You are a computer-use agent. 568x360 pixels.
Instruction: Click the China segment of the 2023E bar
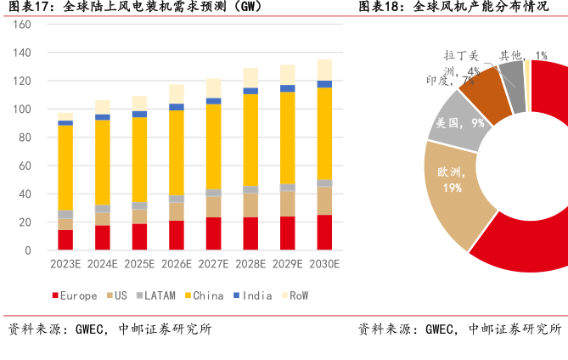(65, 167)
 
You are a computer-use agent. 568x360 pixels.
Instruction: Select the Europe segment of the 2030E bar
(324, 233)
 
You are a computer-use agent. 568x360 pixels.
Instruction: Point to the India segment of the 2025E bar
(139, 114)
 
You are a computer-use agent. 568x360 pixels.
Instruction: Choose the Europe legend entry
(76, 295)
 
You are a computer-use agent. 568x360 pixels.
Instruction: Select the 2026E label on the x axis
(177, 264)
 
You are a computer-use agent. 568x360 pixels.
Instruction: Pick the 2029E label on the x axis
(287, 264)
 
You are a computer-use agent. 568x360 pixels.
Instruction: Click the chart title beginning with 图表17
(135, 8)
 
